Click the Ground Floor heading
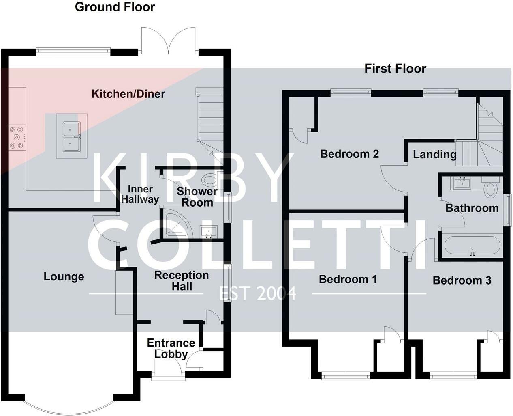(x=115, y=7)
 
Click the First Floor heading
(x=395, y=69)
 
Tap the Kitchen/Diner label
(x=128, y=94)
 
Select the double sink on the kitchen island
(x=72, y=136)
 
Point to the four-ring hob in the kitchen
(x=17, y=138)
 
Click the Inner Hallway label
(x=140, y=194)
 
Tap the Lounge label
(x=64, y=277)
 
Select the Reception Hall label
(x=182, y=280)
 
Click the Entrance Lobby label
(x=171, y=348)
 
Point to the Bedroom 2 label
(x=349, y=154)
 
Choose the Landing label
(x=434, y=155)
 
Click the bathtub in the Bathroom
(x=472, y=246)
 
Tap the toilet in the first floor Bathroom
(x=491, y=188)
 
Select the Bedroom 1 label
(x=348, y=279)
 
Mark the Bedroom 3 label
(x=462, y=280)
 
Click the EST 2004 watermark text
(x=258, y=293)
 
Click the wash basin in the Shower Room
(x=209, y=232)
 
